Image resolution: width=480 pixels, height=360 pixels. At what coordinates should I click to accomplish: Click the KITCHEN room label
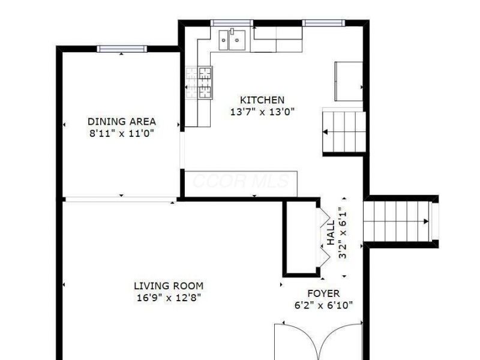click(x=262, y=100)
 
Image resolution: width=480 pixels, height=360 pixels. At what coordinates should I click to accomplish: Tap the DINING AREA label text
click(x=122, y=122)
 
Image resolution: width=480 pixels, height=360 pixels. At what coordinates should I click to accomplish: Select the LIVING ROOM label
click(x=169, y=286)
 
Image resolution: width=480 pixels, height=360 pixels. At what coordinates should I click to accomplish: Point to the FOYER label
click(x=323, y=293)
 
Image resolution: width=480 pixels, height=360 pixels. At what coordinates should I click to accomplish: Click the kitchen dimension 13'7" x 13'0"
click(x=262, y=112)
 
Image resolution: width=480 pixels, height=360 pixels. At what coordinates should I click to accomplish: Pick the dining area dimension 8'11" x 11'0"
click(x=122, y=133)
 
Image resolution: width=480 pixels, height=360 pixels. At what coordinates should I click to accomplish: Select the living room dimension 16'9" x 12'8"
click(x=169, y=298)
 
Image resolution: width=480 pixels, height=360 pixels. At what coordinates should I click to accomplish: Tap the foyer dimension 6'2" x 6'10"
click(x=323, y=305)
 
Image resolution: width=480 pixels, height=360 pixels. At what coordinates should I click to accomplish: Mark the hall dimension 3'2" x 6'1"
click(x=343, y=233)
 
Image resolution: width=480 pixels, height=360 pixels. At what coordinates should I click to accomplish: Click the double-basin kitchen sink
click(x=232, y=40)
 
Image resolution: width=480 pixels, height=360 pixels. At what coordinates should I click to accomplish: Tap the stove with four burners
click(x=199, y=83)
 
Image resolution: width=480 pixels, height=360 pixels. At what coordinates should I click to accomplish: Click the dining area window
click(x=122, y=49)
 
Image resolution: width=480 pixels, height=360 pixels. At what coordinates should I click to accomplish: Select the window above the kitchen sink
click(x=232, y=23)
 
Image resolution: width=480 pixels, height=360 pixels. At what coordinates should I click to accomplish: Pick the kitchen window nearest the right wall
click(x=324, y=23)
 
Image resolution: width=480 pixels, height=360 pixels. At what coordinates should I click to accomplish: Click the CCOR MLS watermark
click(x=241, y=181)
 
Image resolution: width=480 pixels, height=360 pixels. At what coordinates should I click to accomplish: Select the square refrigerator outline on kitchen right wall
click(x=349, y=82)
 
